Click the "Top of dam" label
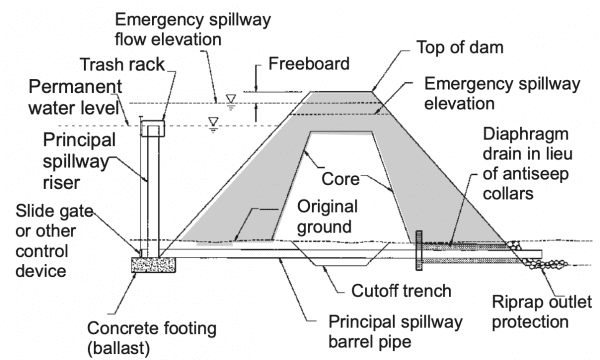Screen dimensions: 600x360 (x=460, y=47)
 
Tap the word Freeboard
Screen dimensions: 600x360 (x=309, y=64)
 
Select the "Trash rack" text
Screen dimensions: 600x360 (x=122, y=64)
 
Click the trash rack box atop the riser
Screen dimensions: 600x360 (x=153, y=128)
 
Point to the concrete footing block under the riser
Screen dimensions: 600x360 (x=153, y=265)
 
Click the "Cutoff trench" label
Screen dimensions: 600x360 (x=401, y=291)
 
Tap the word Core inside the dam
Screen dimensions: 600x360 (x=340, y=179)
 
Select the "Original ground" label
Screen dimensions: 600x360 (x=328, y=217)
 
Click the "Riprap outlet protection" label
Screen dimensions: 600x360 (x=541, y=312)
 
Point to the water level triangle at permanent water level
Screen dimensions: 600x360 (x=213, y=124)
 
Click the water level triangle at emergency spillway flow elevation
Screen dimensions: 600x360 (x=230, y=101)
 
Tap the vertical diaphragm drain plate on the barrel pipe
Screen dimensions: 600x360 (x=419, y=250)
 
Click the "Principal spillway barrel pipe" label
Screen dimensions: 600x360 (x=395, y=332)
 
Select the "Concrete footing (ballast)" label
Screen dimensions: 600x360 (x=152, y=338)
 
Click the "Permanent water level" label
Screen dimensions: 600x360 (x=75, y=97)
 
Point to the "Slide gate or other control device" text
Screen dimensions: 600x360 (x=54, y=241)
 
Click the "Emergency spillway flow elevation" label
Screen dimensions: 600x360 (x=193, y=29)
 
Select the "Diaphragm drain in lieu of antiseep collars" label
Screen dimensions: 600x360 (x=528, y=164)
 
